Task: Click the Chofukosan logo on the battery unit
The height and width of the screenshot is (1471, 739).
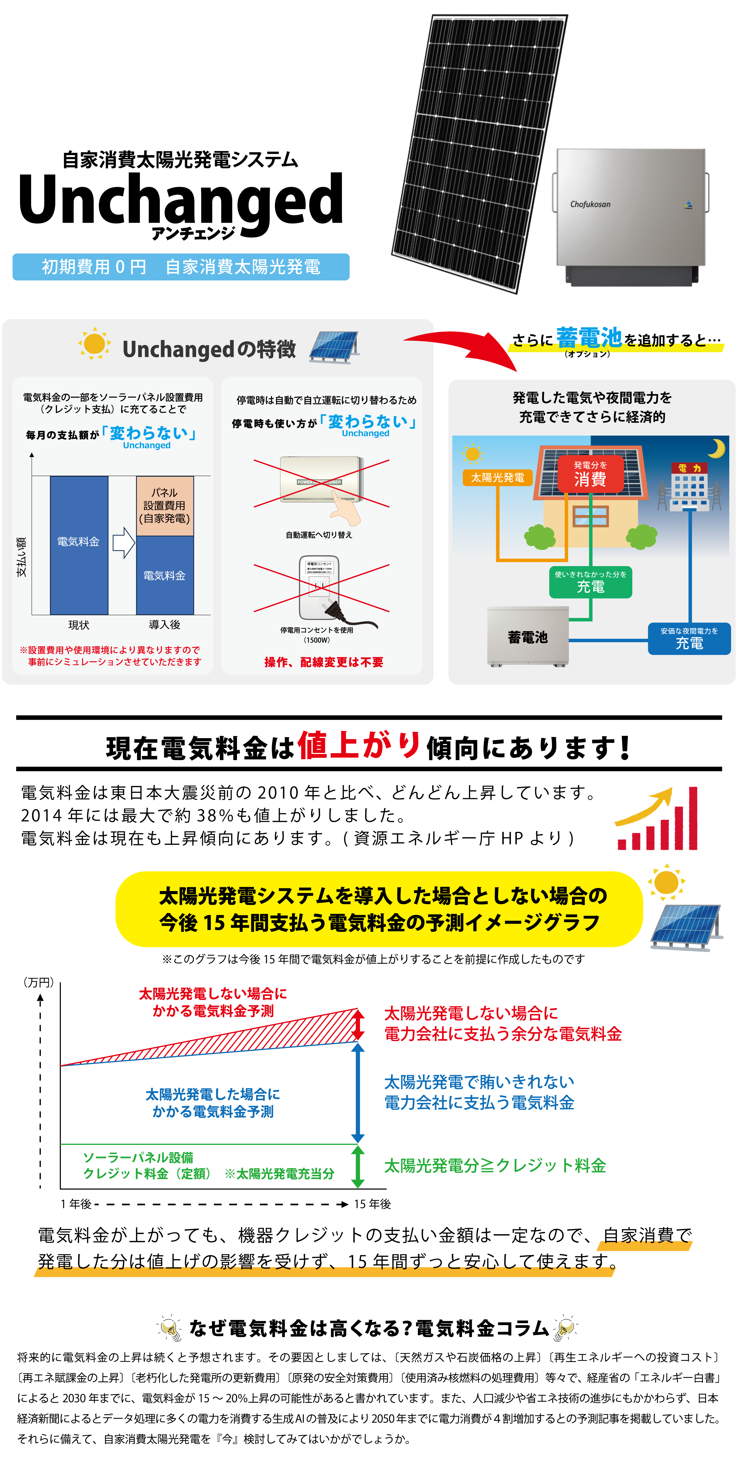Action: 590,204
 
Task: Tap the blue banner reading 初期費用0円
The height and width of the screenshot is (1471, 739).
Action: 181,267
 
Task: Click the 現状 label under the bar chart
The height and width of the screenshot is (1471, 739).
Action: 79,625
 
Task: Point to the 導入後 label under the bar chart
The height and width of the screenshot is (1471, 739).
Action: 164,625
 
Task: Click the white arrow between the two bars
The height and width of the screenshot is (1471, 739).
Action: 123,542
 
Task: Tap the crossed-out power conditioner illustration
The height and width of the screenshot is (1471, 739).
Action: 321,483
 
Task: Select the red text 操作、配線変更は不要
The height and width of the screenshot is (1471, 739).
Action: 324,662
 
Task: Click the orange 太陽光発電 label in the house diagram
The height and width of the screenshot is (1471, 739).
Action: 497,477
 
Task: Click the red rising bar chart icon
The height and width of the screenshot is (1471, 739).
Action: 657,819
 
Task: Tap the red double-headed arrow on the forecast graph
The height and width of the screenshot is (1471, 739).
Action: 358,1025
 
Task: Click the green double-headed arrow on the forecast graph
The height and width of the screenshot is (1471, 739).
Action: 358,1167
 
